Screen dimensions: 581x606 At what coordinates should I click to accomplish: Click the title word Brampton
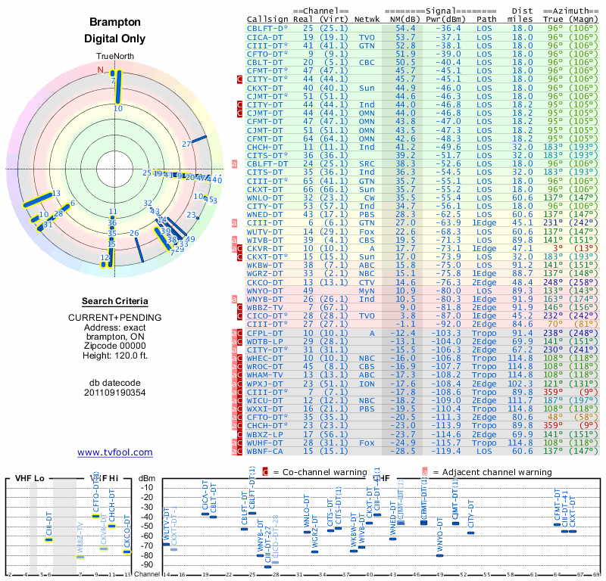tap(115, 23)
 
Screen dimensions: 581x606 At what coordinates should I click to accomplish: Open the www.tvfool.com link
tap(115, 452)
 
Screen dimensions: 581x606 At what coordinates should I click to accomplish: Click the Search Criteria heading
tap(115, 301)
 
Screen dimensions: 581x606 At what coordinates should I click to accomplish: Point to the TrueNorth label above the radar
tap(115, 57)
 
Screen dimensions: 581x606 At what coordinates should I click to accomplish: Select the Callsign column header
tap(268, 19)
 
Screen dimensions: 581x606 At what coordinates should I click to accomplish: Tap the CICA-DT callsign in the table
tap(266, 36)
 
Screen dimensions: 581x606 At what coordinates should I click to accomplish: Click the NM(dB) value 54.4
tap(405, 28)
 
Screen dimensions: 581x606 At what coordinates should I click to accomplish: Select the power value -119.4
tap(448, 451)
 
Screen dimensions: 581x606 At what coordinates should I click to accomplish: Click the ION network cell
tap(367, 384)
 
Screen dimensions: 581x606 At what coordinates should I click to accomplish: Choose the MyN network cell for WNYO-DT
tap(367, 290)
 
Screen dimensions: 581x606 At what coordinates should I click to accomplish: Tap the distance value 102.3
tap(522, 384)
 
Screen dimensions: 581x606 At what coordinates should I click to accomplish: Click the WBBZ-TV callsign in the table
tap(266, 307)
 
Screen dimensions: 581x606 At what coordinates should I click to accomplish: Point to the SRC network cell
tap(367, 163)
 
